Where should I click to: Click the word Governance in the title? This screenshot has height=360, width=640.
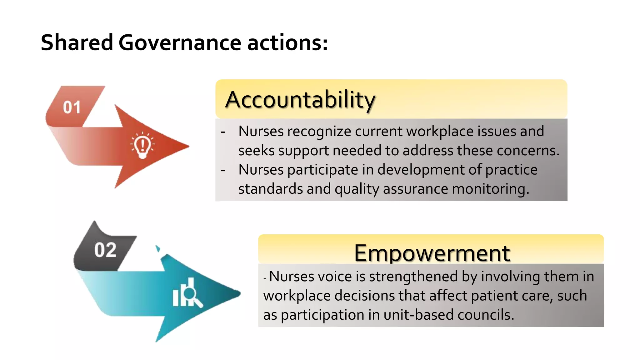tap(180, 42)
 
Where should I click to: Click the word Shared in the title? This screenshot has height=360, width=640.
tap(77, 42)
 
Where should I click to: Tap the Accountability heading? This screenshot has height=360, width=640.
tap(300, 100)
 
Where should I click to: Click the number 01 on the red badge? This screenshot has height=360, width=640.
tap(72, 107)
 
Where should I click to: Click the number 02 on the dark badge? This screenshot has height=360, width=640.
tap(105, 250)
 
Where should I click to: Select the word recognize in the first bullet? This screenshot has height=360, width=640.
tap(319, 131)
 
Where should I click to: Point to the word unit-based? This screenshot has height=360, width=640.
tap(418, 315)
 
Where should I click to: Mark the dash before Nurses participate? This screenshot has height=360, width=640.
tap(223, 171)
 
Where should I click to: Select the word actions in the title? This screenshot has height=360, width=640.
tap(287, 42)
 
